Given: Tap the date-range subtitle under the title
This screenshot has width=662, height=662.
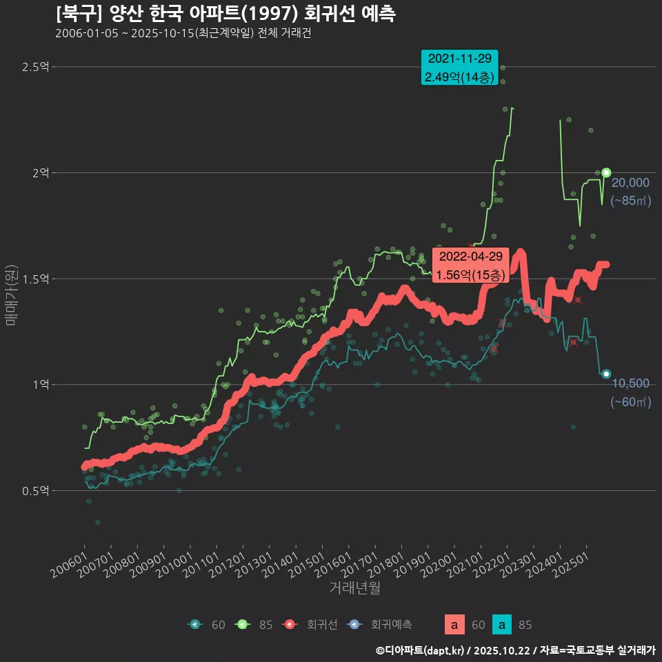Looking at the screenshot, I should click(183, 33).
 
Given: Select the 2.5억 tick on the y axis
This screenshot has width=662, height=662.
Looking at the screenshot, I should click(35, 67).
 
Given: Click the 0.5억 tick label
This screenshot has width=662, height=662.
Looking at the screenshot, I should click(35, 491).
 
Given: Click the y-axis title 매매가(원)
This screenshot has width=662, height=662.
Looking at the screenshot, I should click(11, 297).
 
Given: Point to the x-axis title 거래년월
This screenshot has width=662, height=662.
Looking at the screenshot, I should click(354, 588).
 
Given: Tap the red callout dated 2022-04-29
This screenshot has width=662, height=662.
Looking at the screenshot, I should click(470, 265).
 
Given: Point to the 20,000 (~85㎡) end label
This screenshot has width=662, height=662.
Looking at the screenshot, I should click(630, 192).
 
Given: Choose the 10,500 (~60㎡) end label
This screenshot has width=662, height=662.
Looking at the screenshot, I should click(630, 392).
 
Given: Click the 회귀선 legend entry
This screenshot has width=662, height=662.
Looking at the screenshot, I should click(314, 625).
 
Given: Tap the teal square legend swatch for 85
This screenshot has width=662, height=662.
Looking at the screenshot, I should click(502, 625).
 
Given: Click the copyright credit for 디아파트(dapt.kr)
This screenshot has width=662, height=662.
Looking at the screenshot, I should click(515, 650).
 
